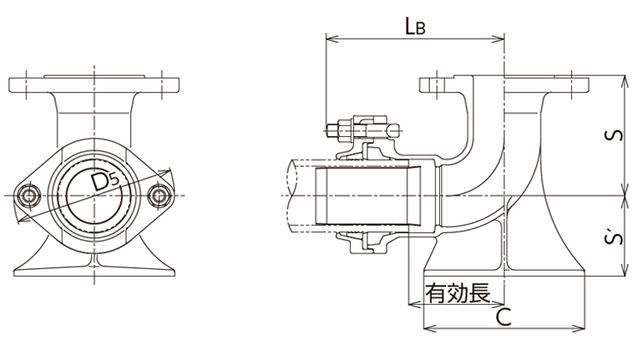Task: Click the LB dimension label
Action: (415, 26)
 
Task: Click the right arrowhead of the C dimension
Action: (584, 328)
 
